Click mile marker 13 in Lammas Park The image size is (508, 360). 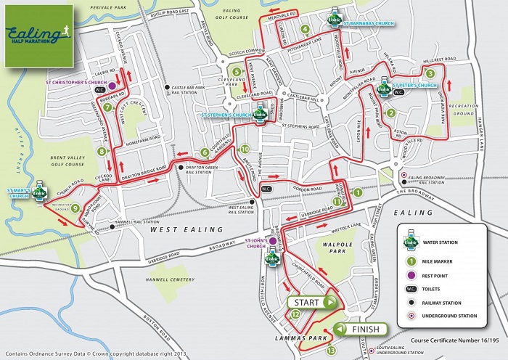332,351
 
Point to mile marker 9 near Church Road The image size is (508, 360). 75,208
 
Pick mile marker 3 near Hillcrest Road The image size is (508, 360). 430,73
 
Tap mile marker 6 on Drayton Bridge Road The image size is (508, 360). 204,152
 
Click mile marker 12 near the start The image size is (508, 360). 296,314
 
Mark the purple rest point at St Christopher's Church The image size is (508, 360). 112,75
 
